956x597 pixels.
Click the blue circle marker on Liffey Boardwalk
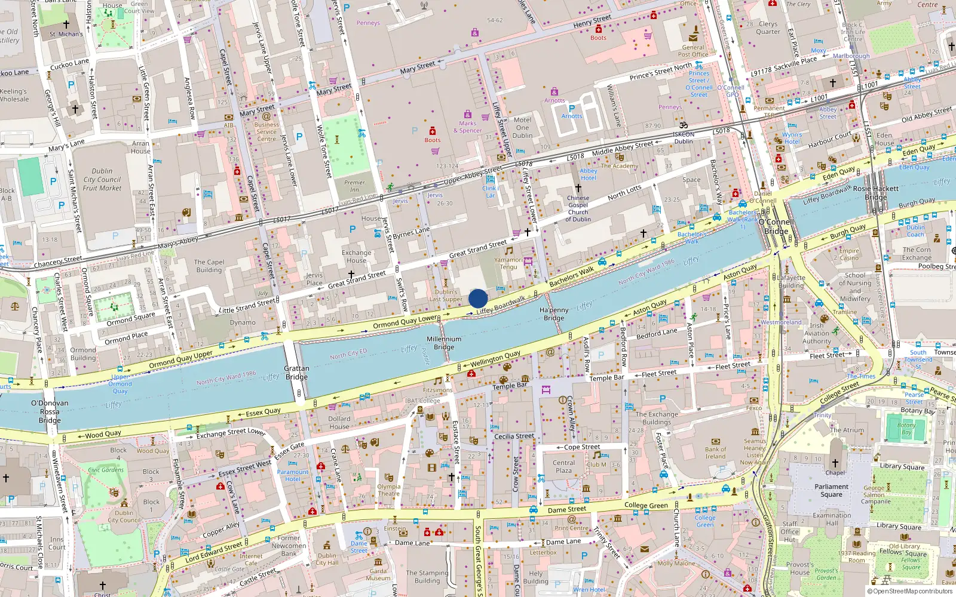point(478,298)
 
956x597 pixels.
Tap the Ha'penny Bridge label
point(554,314)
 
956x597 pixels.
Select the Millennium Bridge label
point(444,343)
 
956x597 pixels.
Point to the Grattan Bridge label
point(296,373)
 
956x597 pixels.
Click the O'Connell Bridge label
point(776,226)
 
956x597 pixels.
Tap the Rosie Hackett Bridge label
point(875,192)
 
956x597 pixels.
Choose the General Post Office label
point(693,51)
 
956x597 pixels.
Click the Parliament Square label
point(831,490)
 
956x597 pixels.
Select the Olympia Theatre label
point(388,490)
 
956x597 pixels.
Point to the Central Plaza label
point(563,466)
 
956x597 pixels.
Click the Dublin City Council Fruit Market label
point(102,179)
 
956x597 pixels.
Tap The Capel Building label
point(209,266)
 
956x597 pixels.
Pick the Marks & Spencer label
point(467,127)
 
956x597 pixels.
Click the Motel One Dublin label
point(522,127)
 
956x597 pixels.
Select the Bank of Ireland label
point(715,453)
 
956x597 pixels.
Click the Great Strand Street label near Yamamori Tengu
point(478,250)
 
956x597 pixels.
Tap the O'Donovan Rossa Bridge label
point(50,411)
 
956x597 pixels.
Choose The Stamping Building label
point(427,577)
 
